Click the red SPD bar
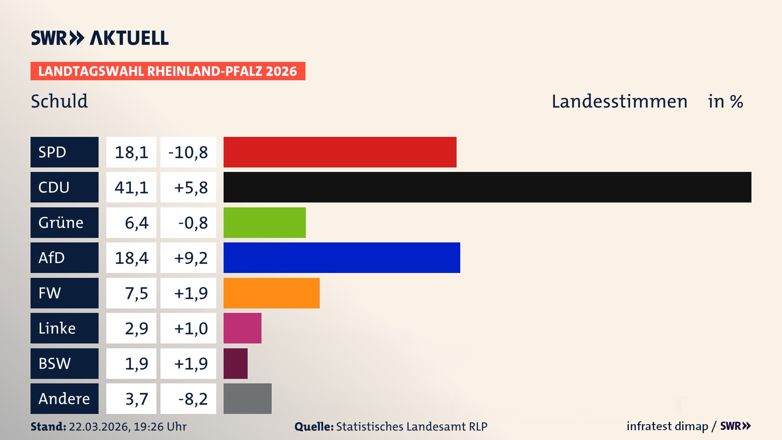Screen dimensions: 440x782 (x=340, y=152)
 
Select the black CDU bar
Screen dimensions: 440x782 (x=487, y=187)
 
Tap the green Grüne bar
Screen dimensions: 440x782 (x=264, y=222)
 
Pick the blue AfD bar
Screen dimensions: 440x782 (x=342, y=257)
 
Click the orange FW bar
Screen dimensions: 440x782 (x=271, y=293)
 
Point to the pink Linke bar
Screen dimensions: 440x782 (x=242, y=328)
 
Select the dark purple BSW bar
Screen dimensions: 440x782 (x=235, y=363)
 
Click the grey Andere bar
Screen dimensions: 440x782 (x=247, y=398)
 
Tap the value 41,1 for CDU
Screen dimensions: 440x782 (x=131, y=187)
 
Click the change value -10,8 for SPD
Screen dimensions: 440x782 (x=188, y=152)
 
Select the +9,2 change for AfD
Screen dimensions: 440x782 (x=191, y=258)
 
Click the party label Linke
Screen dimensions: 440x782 (x=57, y=328)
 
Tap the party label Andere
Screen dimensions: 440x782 (x=64, y=398)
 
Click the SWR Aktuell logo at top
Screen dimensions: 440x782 (x=100, y=38)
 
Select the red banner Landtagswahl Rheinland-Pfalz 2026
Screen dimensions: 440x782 (x=167, y=71)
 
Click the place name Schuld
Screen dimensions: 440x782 (x=59, y=101)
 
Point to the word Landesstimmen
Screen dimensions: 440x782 (x=619, y=101)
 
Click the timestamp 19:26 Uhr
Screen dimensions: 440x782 (x=160, y=427)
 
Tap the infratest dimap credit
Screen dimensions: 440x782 (x=667, y=426)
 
